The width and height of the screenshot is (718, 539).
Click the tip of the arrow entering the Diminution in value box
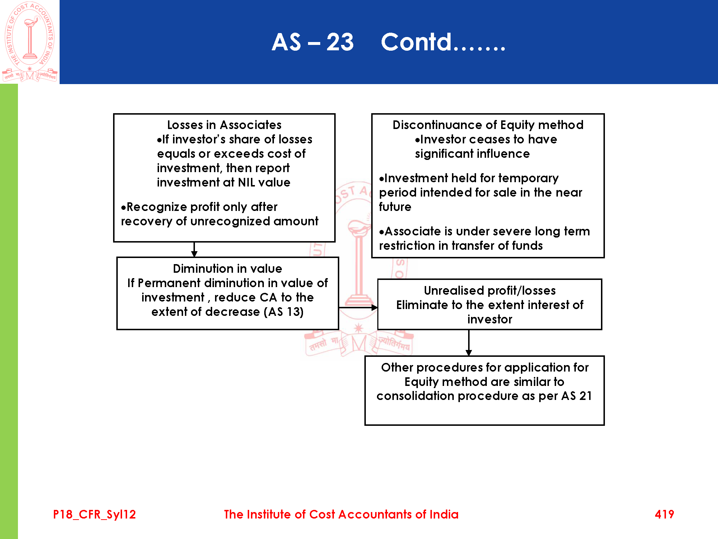[194, 257]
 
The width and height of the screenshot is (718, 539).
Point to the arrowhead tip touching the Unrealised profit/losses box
[378, 308]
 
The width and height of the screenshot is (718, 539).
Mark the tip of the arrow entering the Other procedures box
[469, 356]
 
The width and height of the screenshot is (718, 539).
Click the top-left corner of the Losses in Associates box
[114, 114]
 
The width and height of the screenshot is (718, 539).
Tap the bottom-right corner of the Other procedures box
[604, 425]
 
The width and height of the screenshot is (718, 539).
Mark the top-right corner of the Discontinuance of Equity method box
[604, 114]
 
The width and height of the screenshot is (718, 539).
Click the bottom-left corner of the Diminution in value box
[117, 329]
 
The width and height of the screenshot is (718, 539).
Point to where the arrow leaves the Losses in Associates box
[194, 242]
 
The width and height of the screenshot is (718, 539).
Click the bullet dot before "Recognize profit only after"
[123, 207]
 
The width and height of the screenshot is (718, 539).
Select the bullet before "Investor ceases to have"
[417, 140]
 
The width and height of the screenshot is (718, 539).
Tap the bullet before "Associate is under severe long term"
[382, 232]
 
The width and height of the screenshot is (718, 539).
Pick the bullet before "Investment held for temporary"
[382, 179]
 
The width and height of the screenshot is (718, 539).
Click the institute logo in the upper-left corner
[30, 42]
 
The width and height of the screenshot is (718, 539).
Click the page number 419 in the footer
[664, 514]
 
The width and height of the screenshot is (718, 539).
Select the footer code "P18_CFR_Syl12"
[94, 515]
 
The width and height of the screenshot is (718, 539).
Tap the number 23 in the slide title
[340, 42]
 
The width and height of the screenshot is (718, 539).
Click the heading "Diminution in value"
[228, 268]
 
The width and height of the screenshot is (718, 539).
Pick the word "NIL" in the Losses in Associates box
[246, 182]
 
